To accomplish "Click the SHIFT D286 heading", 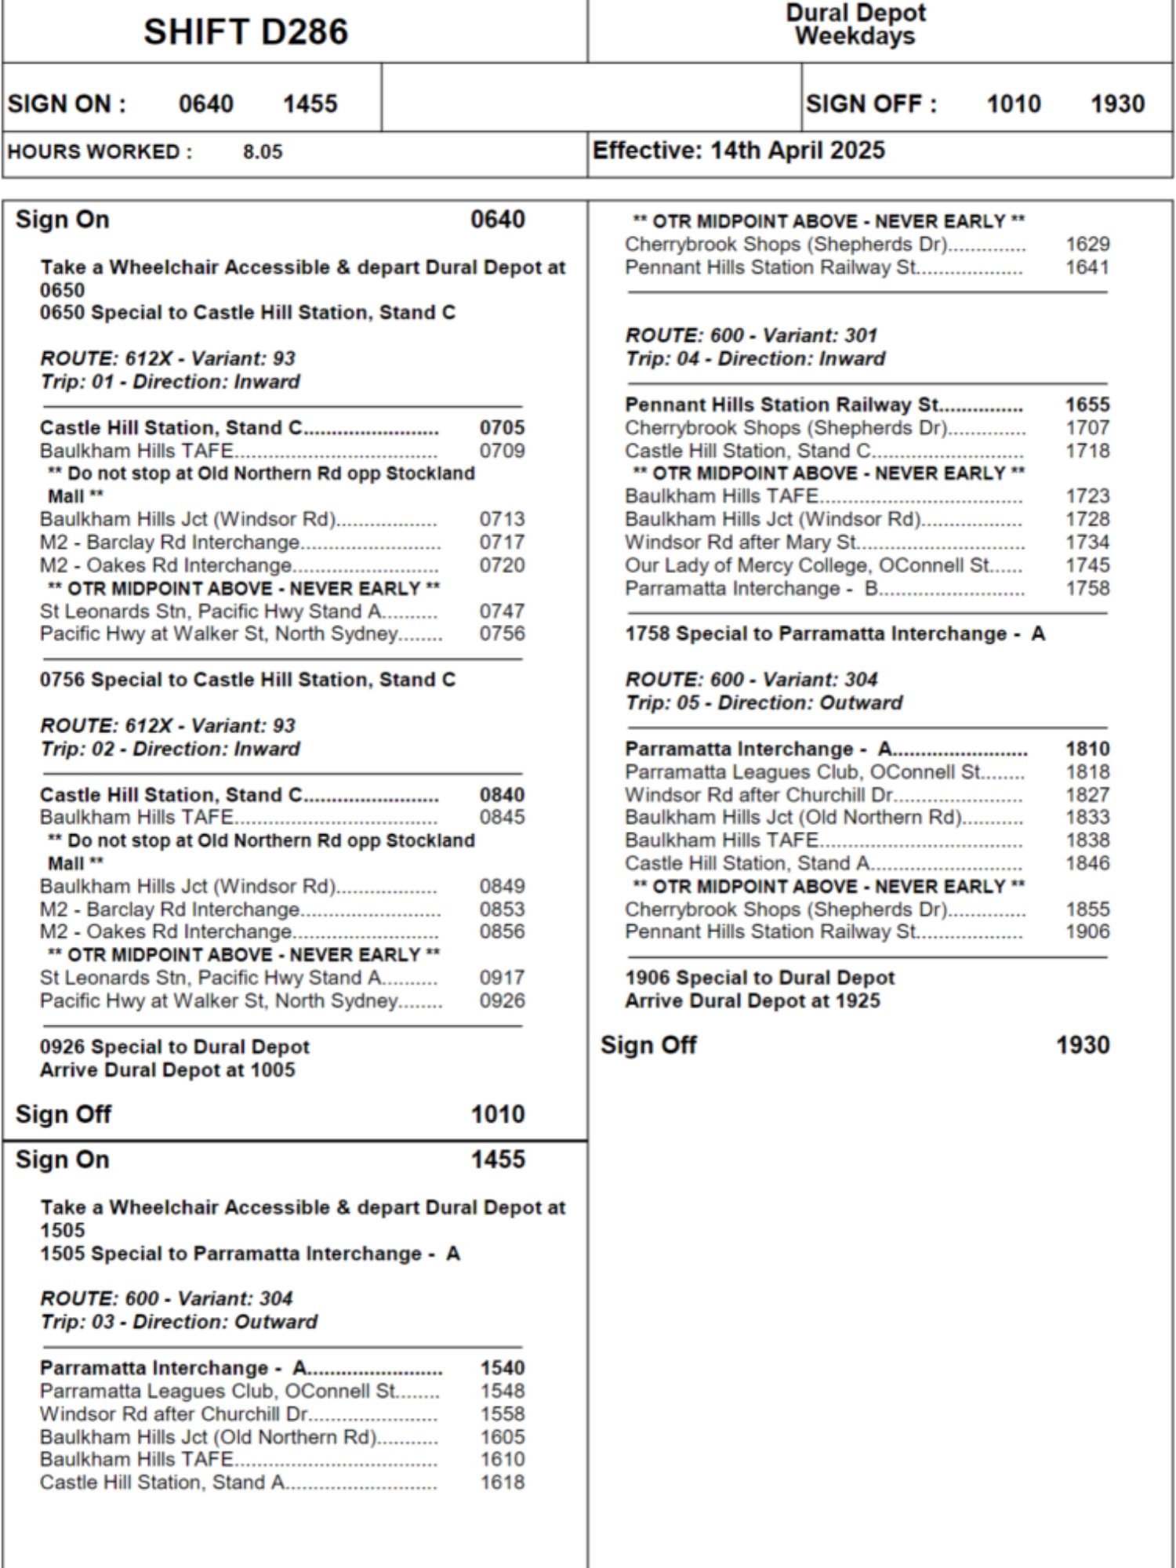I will point(245,32).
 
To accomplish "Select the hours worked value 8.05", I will point(262,152).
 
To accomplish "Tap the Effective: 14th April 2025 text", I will point(738,151).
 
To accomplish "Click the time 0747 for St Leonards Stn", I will point(502,611).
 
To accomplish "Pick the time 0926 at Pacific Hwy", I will point(502,1000).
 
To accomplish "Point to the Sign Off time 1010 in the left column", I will point(497,1114).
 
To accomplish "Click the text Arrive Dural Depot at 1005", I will point(168,1070).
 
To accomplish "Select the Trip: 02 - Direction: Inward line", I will point(170,749).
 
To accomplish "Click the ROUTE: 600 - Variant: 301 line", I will point(751,336).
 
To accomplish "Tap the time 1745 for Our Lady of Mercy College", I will point(1087,565).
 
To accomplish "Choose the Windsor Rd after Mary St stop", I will point(742,543).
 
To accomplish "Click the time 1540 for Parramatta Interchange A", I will point(502,1368).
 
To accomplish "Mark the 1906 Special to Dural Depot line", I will point(759,978).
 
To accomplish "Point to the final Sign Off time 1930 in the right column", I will point(1082,1045).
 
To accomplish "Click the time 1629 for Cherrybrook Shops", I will point(1087,245).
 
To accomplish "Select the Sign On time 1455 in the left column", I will point(497,1160).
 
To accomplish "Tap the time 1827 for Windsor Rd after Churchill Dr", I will point(1087,795).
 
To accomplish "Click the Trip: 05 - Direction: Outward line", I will point(764,702).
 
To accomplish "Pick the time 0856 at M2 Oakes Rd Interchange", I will point(502,932).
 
